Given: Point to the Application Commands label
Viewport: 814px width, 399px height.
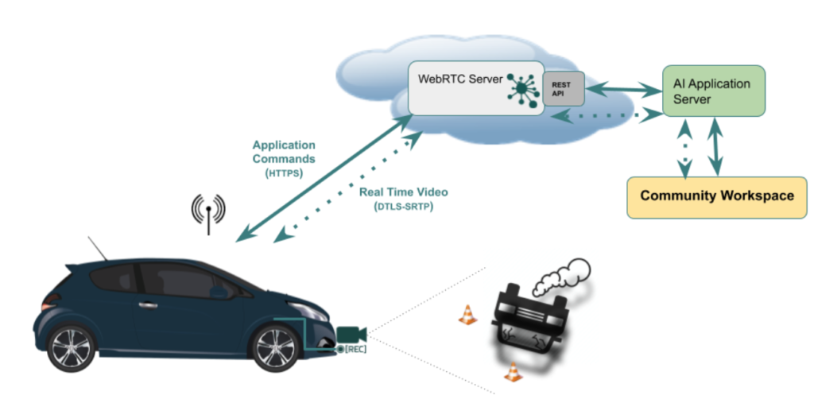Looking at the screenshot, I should tap(284, 152).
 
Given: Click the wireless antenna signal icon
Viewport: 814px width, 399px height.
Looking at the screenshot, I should tap(208, 212).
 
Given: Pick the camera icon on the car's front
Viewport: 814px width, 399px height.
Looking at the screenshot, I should tap(350, 334).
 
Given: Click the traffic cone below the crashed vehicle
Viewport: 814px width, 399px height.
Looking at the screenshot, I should tap(514, 372).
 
